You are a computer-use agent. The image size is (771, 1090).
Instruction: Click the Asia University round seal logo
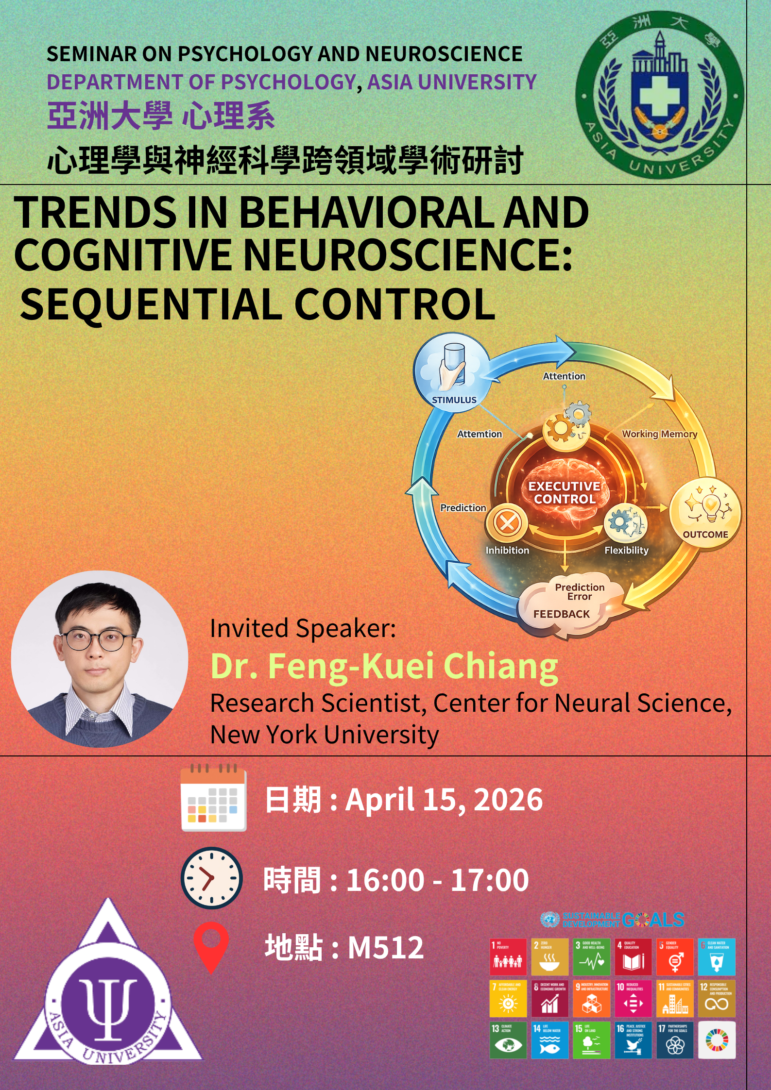click(659, 95)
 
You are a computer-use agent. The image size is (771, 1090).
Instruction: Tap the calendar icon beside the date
click(213, 798)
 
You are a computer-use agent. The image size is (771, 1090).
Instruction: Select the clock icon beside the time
click(211, 878)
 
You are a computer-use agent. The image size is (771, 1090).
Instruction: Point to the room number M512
click(386, 947)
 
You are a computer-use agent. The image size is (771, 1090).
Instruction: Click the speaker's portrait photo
click(100, 658)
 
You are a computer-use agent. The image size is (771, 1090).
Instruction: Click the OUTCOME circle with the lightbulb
click(705, 513)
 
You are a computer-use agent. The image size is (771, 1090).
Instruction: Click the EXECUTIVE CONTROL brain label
click(564, 492)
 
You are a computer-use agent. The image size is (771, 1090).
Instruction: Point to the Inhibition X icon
click(507, 523)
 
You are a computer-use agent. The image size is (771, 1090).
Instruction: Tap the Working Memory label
click(659, 434)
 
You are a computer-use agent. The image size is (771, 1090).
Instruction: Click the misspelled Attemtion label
click(480, 434)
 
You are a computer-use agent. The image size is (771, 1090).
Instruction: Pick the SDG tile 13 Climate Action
click(508, 1040)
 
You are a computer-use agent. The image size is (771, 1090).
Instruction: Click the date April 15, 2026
click(444, 800)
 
